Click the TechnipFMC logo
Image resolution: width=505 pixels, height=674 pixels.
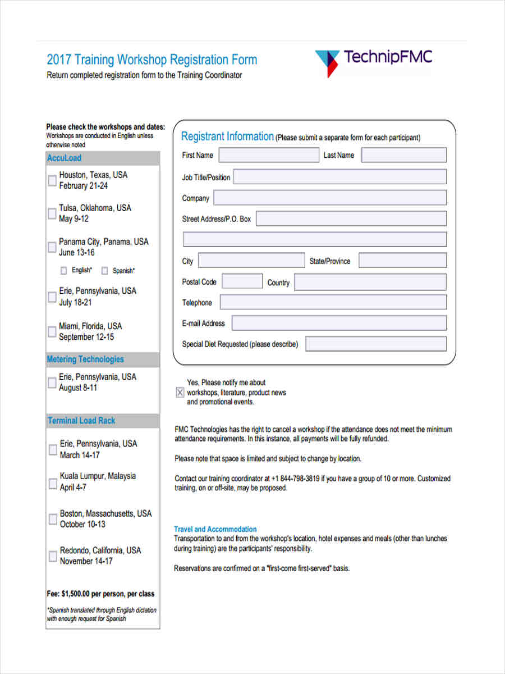(x=373, y=62)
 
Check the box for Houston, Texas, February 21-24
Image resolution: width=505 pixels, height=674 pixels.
(x=52, y=181)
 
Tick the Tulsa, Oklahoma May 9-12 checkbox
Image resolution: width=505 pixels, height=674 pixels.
(x=52, y=213)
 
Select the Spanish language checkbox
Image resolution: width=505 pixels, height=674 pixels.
(x=104, y=271)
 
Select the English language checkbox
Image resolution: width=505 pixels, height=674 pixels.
(x=63, y=271)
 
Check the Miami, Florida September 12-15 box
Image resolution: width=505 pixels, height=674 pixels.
(x=52, y=332)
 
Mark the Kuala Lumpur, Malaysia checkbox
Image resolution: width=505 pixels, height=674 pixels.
(x=53, y=482)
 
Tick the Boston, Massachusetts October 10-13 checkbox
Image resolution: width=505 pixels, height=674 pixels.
(x=53, y=519)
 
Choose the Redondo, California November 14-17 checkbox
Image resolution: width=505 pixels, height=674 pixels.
(x=53, y=556)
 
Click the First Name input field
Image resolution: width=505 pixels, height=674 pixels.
(x=268, y=155)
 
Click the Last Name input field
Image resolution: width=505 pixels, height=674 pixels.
(x=403, y=155)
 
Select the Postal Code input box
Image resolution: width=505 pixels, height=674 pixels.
(x=242, y=281)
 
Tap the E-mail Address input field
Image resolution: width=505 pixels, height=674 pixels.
(x=339, y=323)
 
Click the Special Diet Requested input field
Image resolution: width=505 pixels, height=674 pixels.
(x=375, y=344)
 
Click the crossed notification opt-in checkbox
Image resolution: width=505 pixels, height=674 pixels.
(x=180, y=393)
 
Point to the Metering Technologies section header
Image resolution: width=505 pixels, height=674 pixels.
(x=85, y=359)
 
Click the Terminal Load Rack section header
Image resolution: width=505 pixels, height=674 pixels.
(x=82, y=421)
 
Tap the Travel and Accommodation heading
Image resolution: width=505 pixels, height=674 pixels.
(x=215, y=529)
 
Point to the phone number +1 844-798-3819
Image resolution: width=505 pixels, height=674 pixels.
(x=296, y=479)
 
